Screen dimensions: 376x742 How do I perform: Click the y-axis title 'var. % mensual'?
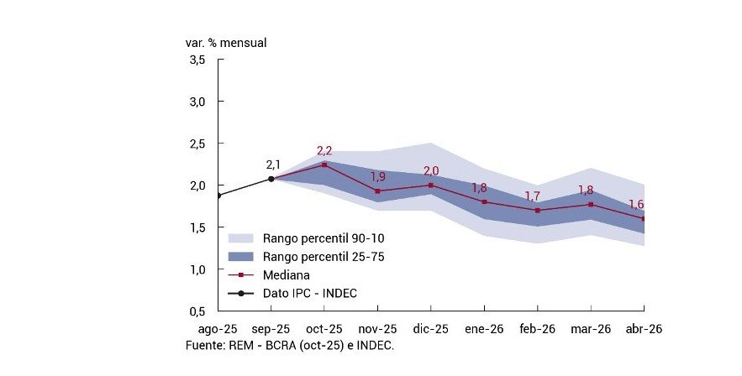pos(225,41)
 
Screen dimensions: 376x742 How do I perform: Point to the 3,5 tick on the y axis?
pos(197,60)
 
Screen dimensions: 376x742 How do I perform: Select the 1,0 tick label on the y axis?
pos(197,269)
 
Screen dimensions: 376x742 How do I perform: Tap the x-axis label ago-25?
pos(216,329)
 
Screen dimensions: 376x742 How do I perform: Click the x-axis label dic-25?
pos(430,329)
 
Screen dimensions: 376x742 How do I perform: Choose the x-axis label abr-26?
pos(644,329)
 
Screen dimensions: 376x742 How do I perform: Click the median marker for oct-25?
pos(324,164)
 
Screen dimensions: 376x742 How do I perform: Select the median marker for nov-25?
pos(377,191)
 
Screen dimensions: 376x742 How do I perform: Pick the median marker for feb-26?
pos(538,211)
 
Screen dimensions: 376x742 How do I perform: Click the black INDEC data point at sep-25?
pos(271,178)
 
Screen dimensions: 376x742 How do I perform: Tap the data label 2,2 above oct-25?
pos(324,151)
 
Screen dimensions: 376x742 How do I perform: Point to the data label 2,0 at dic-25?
pos(431,171)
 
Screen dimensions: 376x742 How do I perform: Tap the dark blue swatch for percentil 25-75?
pos(241,256)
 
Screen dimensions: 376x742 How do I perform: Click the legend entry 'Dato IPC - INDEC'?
pos(309,293)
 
